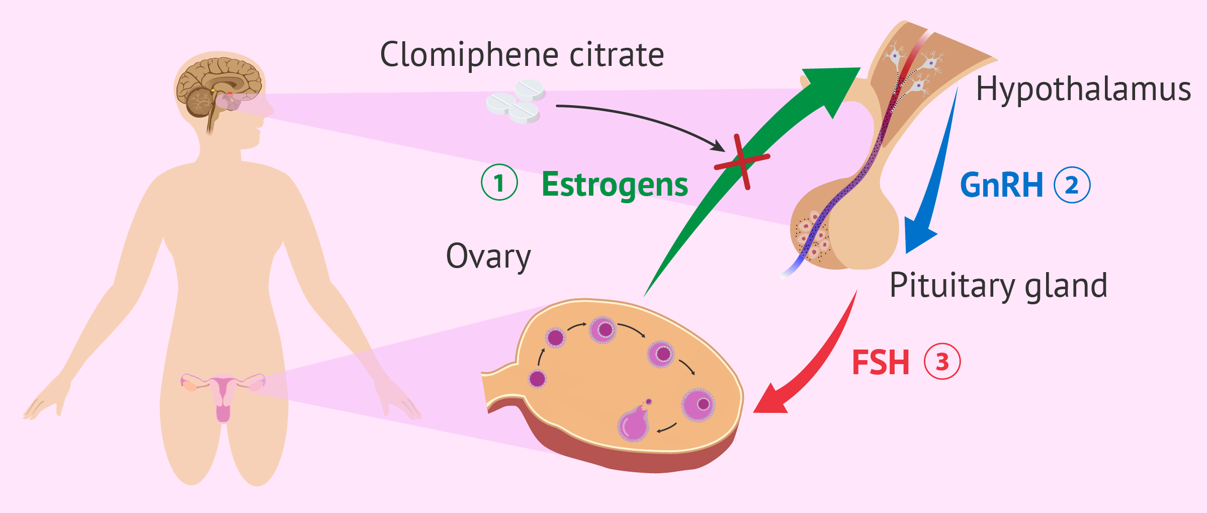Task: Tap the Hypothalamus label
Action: tap(1083, 90)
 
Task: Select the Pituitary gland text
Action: tap(998, 285)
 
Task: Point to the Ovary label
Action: tap(488, 256)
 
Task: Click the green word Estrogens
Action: tap(615, 185)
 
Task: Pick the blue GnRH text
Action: tap(1001, 185)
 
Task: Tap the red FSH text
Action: tap(881, 363)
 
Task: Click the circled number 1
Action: tap(499, 183)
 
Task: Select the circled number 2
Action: tap(1072, 185)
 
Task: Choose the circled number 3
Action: tap(942, 362)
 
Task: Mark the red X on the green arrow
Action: tap(742, 161)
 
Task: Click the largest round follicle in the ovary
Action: tap(698, 404)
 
